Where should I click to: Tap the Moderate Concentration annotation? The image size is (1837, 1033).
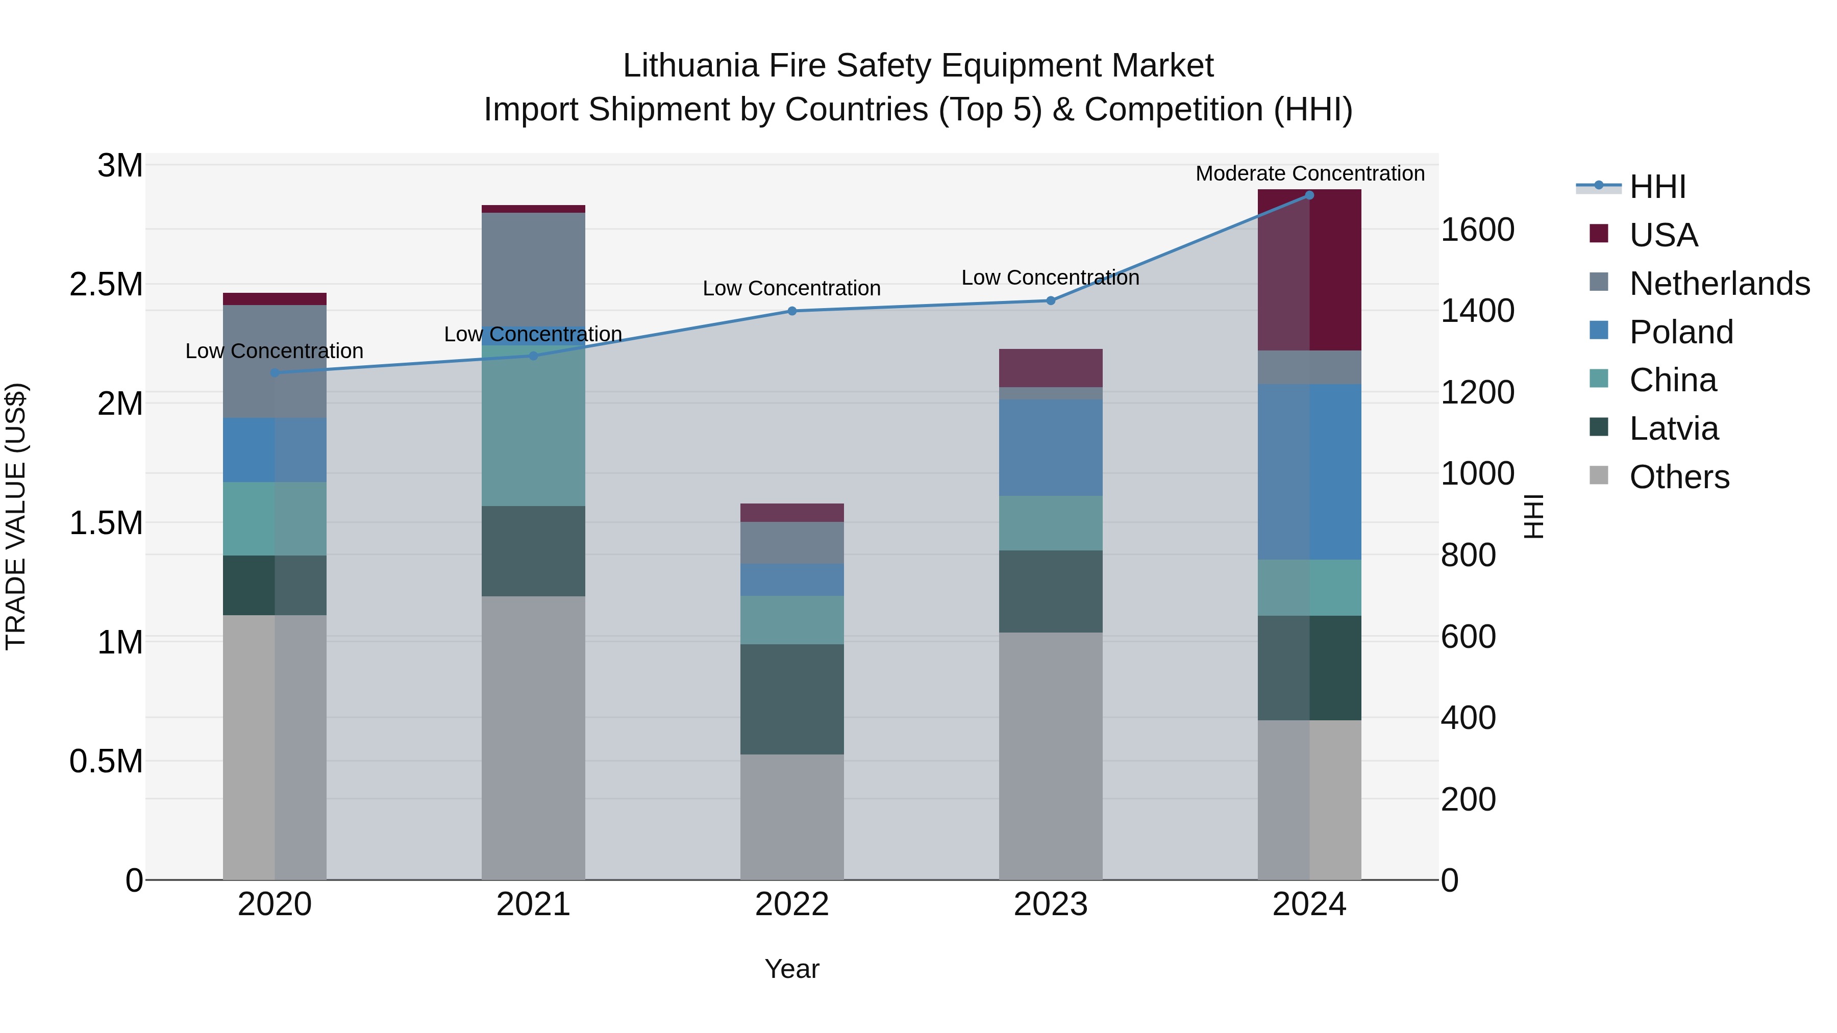pyautogui.click(x=1309, y=173)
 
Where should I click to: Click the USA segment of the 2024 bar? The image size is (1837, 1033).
pyautogui.click(x=1309, y=271)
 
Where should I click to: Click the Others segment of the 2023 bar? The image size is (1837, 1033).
pyautogui.click(x=1051, y=755)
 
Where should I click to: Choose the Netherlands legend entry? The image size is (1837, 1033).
pyautogui.click(x=1719, y=283)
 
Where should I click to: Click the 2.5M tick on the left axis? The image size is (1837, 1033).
pyautogui.click(x=106, y=285)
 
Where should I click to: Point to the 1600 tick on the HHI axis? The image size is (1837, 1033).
pyautogui.click(x=1477, y=230)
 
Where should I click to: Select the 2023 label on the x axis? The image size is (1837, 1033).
pyautogui.click(x=1051, y=904)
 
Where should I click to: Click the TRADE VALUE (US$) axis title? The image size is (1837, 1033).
pyautogui.click(x=16, y=516)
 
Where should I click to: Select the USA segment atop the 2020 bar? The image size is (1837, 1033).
pyautogui.click(x=275, y=299)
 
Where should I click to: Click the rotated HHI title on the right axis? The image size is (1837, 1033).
pyautogui.click(x=1533, y=516)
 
